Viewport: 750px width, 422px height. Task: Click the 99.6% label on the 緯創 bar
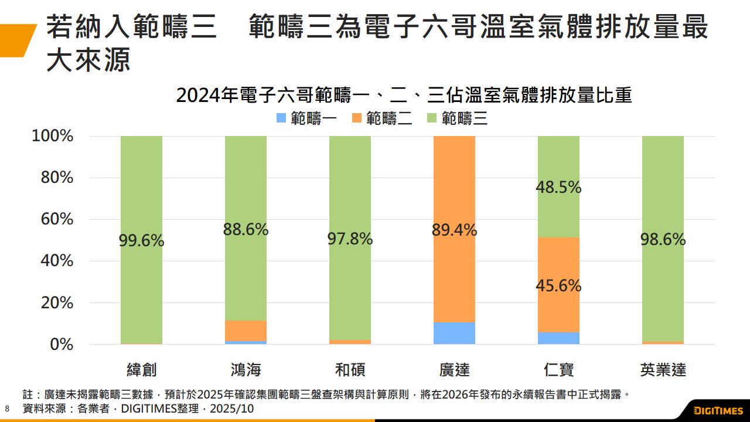141,240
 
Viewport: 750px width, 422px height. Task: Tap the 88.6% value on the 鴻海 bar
246,230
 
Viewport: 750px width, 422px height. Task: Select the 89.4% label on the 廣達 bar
454,230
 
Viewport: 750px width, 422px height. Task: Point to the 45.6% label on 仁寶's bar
558,286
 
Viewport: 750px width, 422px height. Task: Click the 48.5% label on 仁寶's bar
558,188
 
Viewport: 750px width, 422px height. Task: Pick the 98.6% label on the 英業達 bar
663,240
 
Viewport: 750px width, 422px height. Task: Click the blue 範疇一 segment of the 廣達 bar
454,333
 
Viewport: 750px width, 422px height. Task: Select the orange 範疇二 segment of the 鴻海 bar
246,331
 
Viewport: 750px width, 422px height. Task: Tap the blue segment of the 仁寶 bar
558,338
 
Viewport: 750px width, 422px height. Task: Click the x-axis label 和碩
350,370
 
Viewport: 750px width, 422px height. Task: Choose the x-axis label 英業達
663,370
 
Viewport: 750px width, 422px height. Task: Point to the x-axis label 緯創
141,370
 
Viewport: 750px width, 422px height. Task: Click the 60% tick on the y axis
56,220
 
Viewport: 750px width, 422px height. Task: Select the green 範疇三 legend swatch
432,118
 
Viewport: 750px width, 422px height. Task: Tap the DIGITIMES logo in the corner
718,410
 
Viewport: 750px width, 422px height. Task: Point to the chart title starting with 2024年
404,95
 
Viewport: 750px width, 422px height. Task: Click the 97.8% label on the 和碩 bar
350,239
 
